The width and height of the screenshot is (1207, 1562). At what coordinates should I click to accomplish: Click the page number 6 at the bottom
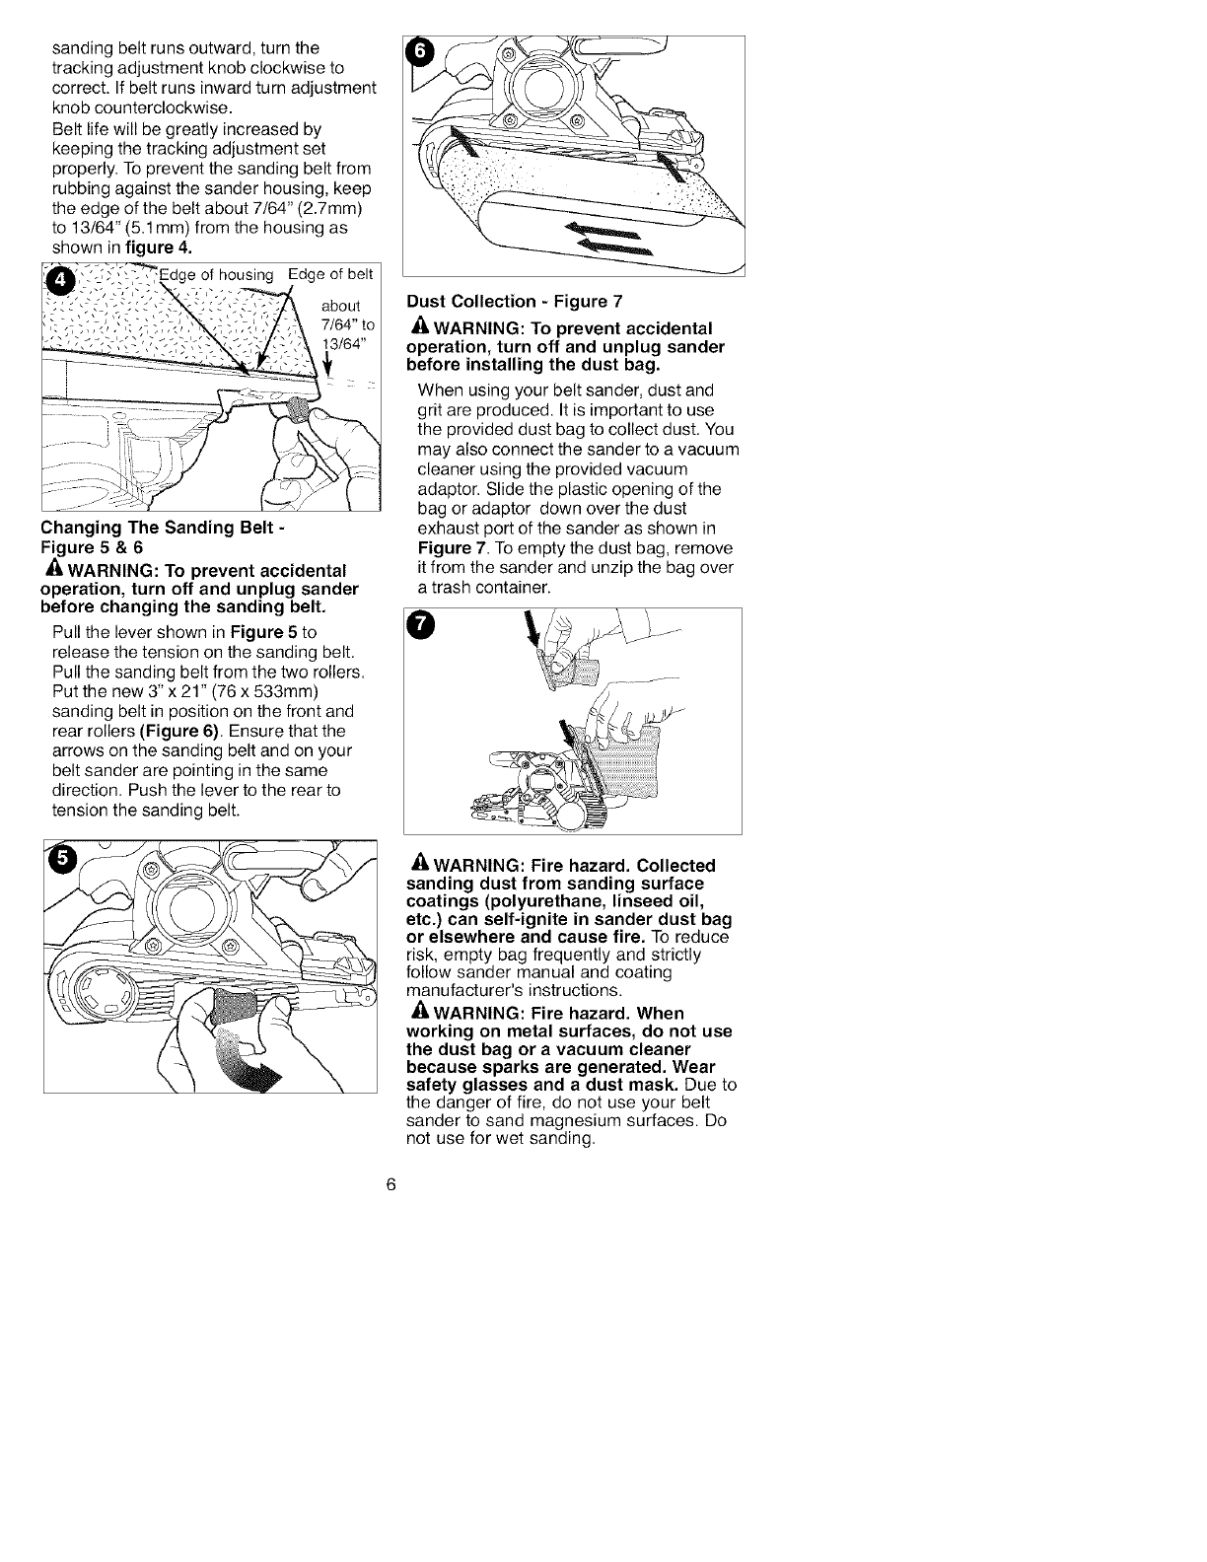391,1184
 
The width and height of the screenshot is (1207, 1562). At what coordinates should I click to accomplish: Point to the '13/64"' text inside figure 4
344,342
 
